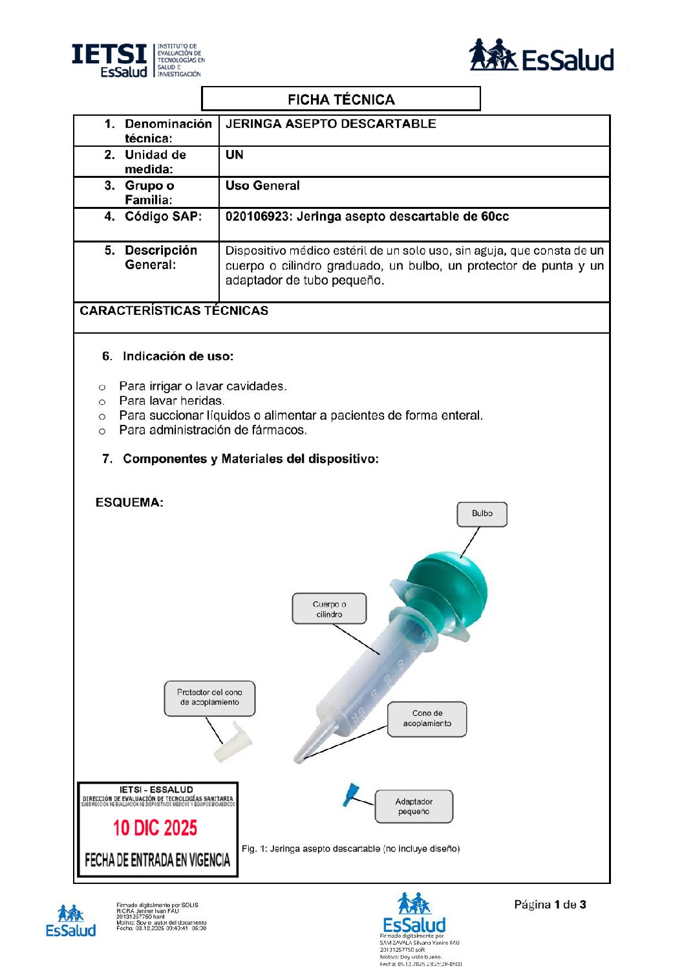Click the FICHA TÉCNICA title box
341,99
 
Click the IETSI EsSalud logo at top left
137,60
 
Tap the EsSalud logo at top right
541,56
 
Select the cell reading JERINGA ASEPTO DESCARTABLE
330,124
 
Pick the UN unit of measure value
235,155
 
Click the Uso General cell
262,186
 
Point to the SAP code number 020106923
257,217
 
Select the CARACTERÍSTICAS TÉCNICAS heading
174,310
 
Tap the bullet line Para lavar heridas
171,401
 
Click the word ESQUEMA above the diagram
129,502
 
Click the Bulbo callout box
482,514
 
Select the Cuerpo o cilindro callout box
329,608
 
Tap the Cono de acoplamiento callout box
427,718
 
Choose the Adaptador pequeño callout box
414,806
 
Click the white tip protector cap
233,744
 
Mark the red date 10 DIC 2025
155,828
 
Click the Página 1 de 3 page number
550,905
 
